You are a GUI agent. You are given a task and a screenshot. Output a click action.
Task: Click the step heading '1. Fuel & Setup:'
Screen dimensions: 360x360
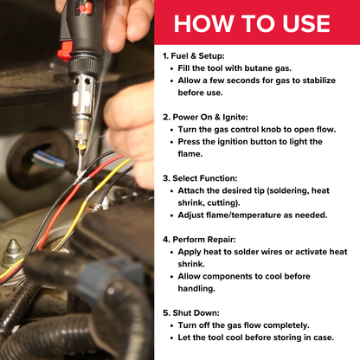pos(200,55)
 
